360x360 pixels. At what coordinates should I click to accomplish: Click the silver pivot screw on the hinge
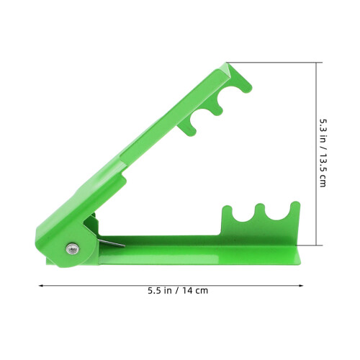pyautogui.click(x=73, y=248)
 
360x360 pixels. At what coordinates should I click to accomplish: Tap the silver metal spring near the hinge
pyautogui.click(x=111, y=243)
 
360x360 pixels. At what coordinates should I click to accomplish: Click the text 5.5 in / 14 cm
pyautogui.click(x=178, y=291)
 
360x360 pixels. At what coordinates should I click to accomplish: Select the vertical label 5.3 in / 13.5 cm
pyautogui.click(x=323, y=153)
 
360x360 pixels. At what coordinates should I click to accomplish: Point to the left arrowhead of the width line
pyautogui.click(x=40, y=286)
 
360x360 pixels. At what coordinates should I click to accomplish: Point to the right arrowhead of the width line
pyautogui.click(x=302, y=286)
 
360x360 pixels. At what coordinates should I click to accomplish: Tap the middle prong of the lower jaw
pyautogui.click(x=260, y=211)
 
